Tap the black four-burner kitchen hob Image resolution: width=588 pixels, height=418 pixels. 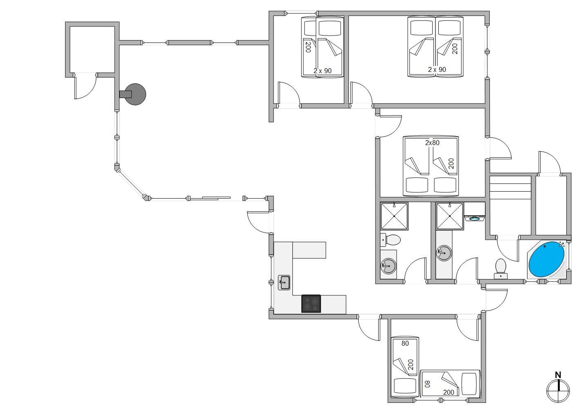point(311,304)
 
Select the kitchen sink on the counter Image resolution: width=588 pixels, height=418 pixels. point(284,282)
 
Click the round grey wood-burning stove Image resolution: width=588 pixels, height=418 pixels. point(134,94)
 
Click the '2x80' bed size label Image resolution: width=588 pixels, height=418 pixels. point(432,143)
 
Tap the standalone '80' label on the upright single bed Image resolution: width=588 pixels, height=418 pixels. point(405,343)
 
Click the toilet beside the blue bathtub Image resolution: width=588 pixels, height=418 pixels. point(500,268)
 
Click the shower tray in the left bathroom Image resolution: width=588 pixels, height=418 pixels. point(394,216)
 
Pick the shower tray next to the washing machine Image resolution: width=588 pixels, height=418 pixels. point(450,216)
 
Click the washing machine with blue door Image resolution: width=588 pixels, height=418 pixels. point(475,218)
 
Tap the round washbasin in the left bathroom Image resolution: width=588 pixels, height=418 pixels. point(388,266)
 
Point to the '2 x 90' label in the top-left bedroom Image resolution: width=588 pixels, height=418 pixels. point(322,71)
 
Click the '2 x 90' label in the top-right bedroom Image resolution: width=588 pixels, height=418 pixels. point(437,69)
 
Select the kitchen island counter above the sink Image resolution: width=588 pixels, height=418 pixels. point(309,250)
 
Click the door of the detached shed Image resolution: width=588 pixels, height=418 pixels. point(85,87)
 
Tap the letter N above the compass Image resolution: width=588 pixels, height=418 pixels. point(558,375)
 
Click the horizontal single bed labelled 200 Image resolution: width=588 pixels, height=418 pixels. point(450,383)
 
